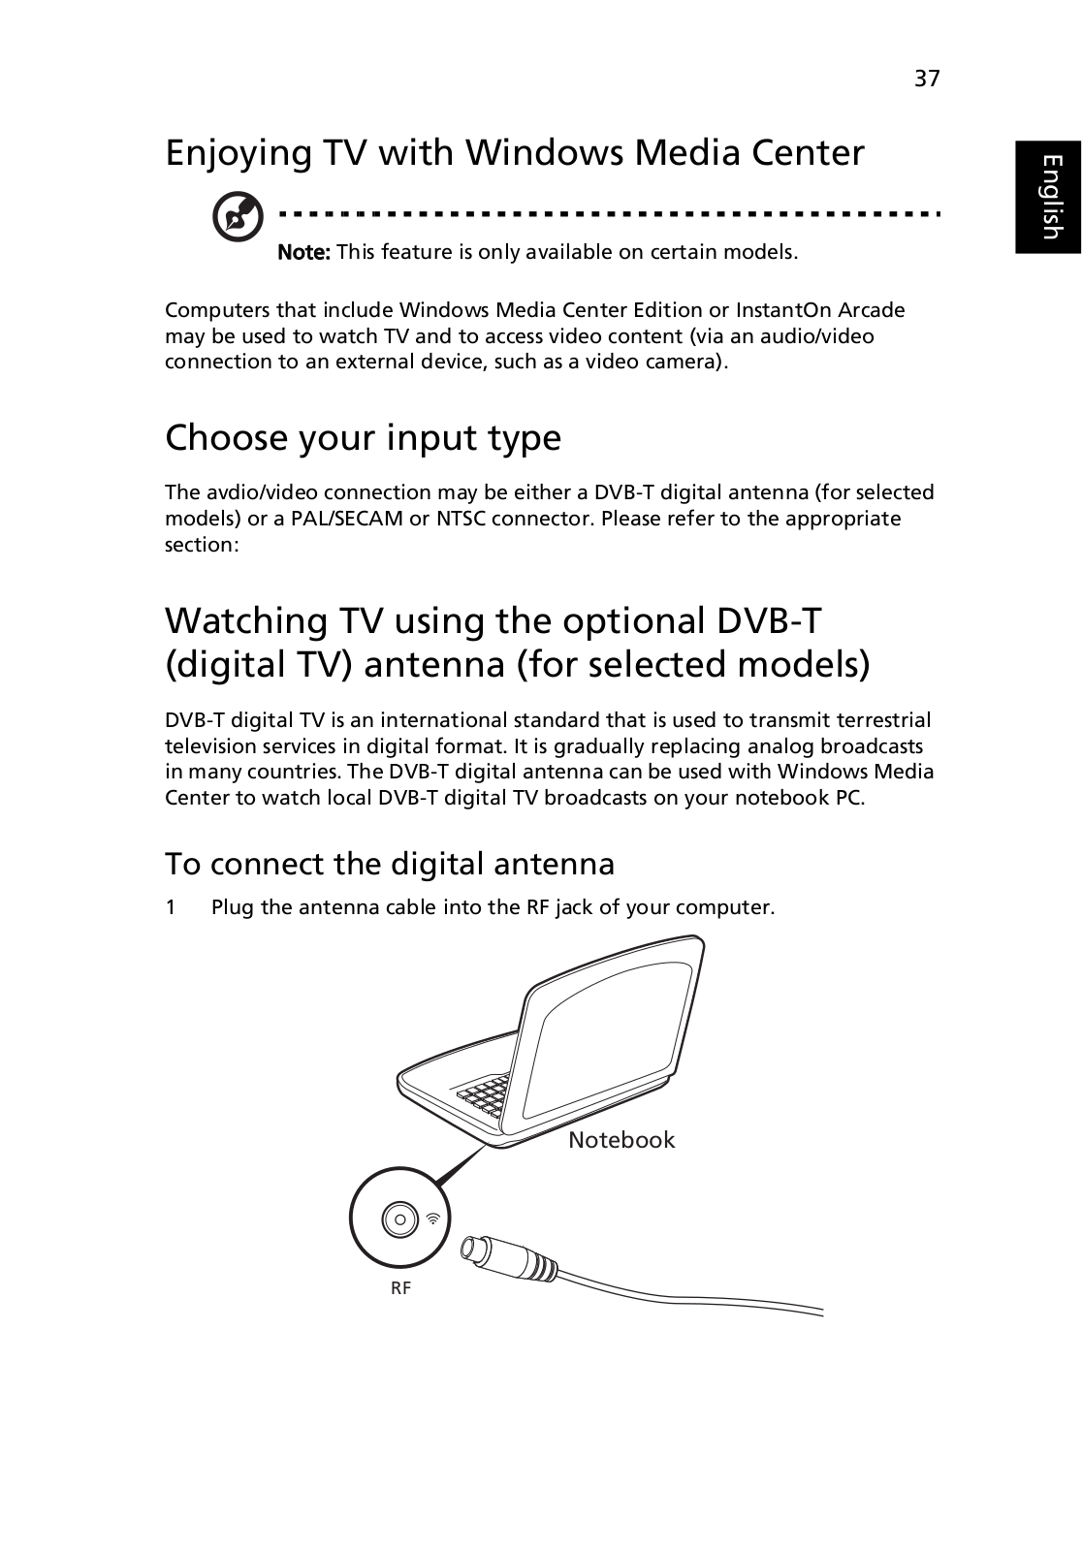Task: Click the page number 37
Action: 927,79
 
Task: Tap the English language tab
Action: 1048,198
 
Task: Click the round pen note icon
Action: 238,216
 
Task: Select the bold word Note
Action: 304,252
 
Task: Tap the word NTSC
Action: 458,519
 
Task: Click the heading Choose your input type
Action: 363,437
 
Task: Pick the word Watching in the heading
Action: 246,621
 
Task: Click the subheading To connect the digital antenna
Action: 390,864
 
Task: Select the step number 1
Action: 171,907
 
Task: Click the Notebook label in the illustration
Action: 621,1140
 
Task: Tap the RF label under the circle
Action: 400,1288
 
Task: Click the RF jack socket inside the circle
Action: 399,1220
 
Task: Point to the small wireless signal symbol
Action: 433,1218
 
